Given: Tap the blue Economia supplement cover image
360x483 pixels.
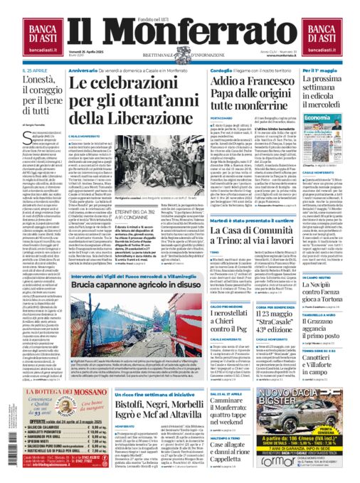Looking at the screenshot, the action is pos(327,139).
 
